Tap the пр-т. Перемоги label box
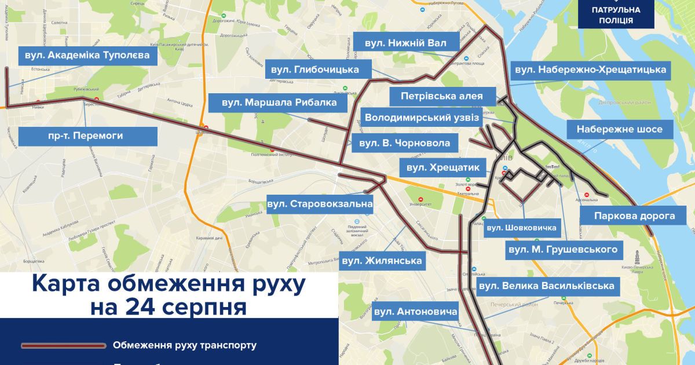pyautogui.click(x=87, y=136)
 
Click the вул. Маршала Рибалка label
pyautogui.click(x=279, y=103)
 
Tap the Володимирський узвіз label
pyautogui.click(x=422, y=118)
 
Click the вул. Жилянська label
pyautogui.click(x=381, y=261)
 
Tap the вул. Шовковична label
pyautogui.click(x=521, y=228)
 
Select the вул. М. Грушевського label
pyautogui.click(x=562, y=250)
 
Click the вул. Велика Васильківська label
pyautogui.click(x=546, y=286)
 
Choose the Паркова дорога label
pyautogui.click(x=635, y=216)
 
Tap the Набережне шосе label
pyautogui.click(x=620, y=129)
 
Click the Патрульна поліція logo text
pyautogui.click(x=616, y=15)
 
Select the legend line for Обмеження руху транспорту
pyautogui.click(x=64, y=345)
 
